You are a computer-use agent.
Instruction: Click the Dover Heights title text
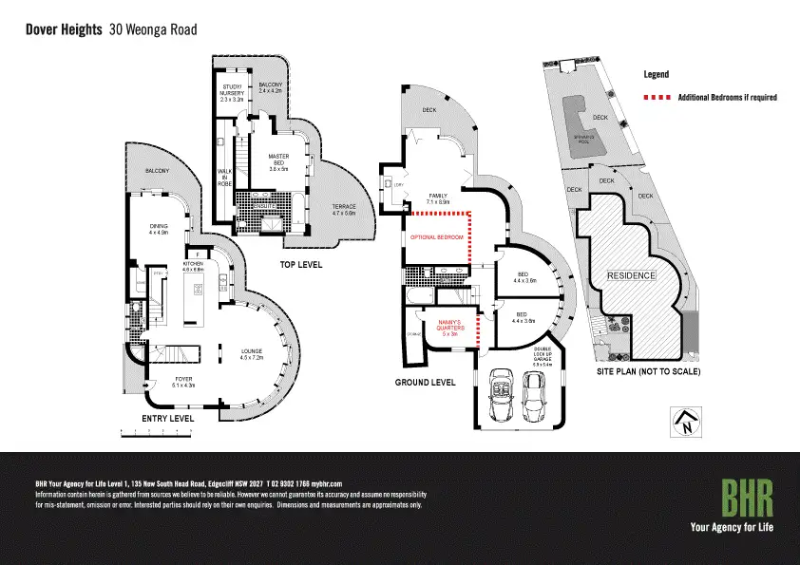pos(64,29)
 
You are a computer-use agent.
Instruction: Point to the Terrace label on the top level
pos(343,209)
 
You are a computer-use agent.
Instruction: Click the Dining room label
pos(158,229)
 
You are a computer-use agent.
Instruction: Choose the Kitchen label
pos(193,267)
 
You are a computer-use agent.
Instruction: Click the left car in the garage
pos(500,399)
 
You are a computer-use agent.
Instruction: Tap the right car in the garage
pos(536,398)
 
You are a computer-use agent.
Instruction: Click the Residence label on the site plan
pos(632,275)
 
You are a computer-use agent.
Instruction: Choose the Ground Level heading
pos(424,382)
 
